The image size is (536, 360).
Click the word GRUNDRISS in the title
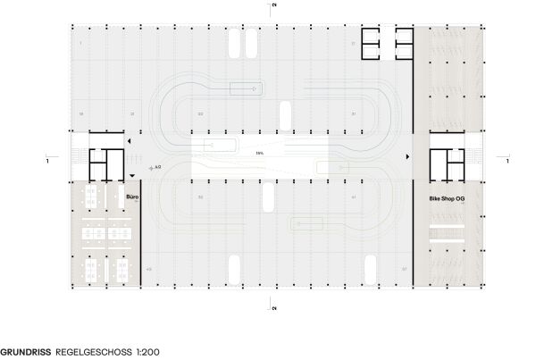click(25, 352)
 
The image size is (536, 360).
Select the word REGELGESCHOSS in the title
click(88, 352)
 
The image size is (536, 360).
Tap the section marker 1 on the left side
click(46, 161)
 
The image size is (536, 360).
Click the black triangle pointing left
click(129, 141)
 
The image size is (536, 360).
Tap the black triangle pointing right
click(408, 157)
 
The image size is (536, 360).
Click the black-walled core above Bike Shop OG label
click(447, 162)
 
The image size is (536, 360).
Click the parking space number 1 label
click(80, 42)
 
